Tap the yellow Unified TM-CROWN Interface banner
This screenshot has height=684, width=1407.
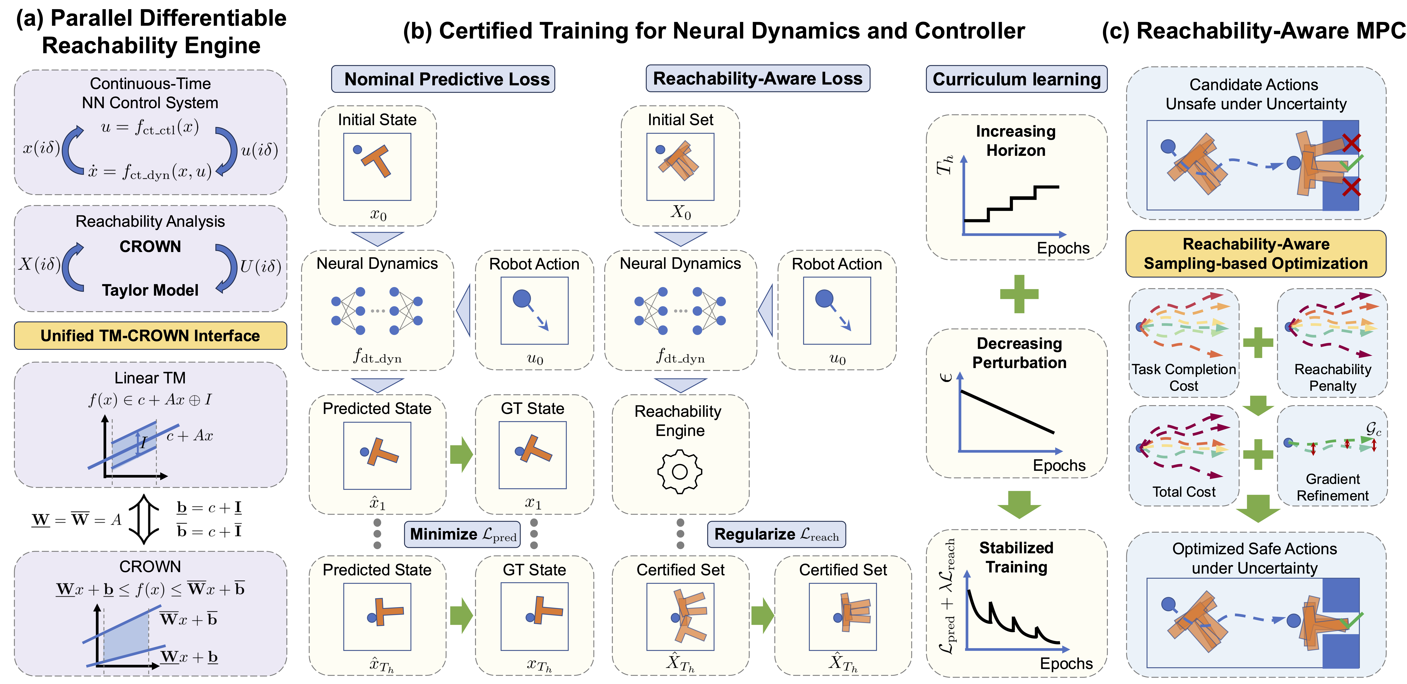click(x=150, y=336)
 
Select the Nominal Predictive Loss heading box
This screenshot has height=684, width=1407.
click(x=443, y=79)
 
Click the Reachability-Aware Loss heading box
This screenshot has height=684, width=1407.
click(x=758, y=79)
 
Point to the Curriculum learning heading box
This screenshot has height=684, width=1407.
click(x=1016, y=79)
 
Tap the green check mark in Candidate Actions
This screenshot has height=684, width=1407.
click(x=1351, y=162)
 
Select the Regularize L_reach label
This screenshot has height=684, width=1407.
click(x=776, y=534)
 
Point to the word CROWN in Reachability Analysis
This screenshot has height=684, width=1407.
click(x=150, y=247)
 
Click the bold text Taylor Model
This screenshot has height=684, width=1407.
click(x=150, y=290)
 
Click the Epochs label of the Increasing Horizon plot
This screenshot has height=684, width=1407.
click(x=1063, y=248)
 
